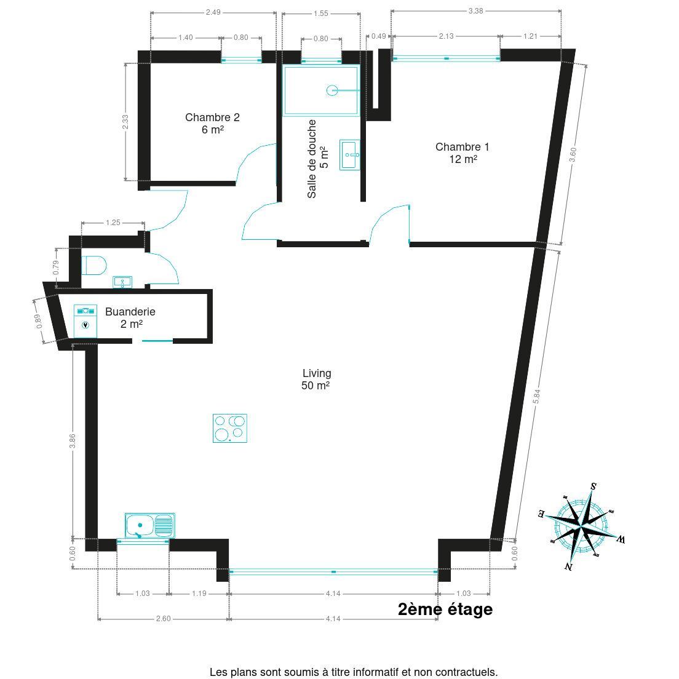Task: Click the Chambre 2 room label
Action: click(x=212, y=124)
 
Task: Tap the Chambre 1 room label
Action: click(x=463, y=153)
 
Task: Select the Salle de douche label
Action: click(x=317, y=159)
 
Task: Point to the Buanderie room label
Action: click(x=130, y=317)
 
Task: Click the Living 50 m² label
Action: click(x=316, y=379)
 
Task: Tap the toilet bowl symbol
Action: click(x=94, y=266)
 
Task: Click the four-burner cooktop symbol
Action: click(x=230, y=428)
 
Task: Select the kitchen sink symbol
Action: click(x=150, y=526)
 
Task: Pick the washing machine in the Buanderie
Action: click(x=85, y=321)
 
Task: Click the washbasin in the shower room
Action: click(x=349, y=154)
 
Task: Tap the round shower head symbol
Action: click(x=332, y=90)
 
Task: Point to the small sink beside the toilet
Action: click(x=122, y=282)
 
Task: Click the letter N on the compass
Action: click(x=568, y=566)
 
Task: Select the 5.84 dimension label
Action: click(x=536, y=396)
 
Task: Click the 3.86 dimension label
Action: click(x=73, y=440)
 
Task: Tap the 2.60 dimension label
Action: click(x=163, y=619)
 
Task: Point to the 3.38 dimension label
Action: click(x=475, y=11)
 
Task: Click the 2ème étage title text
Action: click(x=445, y=610)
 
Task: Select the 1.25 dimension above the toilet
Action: click(x=113, y=223)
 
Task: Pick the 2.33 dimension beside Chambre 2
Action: click(x=125, y=122)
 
